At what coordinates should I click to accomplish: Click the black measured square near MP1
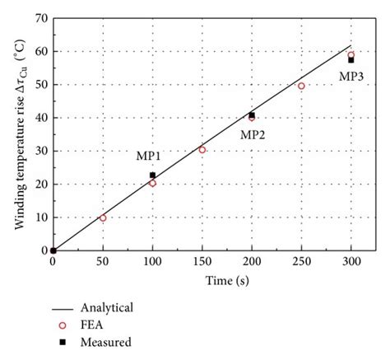coord(152,175)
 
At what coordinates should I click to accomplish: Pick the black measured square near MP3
coord(351,60)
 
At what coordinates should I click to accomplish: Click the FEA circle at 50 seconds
coord(103,217)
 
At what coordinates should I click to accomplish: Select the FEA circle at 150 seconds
coord(202,150)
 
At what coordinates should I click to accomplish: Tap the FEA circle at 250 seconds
coord(301,86)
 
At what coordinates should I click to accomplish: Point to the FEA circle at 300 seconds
coord(351,55)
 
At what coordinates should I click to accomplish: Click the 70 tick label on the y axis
coord(40,18)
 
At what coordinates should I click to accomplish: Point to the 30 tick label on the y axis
coord(40,151)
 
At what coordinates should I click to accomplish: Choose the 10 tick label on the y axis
coord(40,217)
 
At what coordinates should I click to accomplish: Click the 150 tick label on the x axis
coord(202,262)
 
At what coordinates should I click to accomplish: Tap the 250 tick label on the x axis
coord(301,262)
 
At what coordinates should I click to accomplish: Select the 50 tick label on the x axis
coord(102,262)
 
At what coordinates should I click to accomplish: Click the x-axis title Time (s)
coord(201,282)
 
